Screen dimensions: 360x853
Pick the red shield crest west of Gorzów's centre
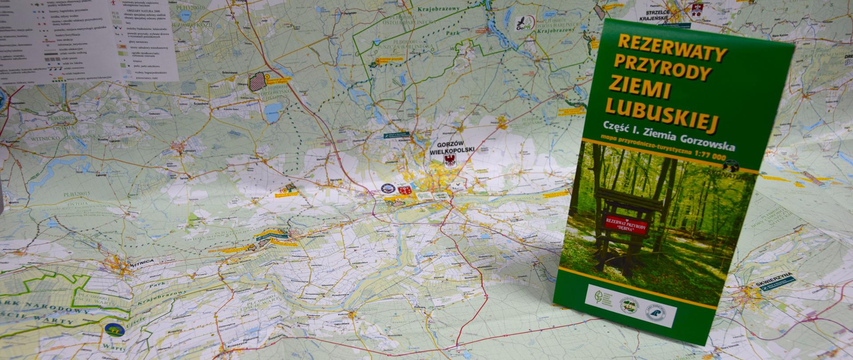[x=404, y=190]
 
